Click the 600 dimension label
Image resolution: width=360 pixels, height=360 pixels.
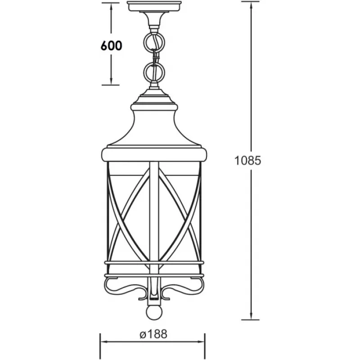click(111, 46)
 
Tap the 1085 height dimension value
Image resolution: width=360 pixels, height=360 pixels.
click(248, 161)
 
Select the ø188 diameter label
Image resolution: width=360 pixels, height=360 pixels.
click(153, 334)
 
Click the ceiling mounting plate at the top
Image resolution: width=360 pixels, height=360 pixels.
click(154, 6)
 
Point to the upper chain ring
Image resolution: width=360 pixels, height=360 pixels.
click(144, 42)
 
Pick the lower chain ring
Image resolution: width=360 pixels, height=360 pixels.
click(144, 72)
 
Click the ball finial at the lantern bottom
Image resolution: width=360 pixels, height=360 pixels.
click(154, 312)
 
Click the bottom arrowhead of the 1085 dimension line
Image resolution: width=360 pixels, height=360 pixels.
click(251, 315)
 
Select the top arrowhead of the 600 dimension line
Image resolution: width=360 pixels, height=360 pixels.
click(111, 7)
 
